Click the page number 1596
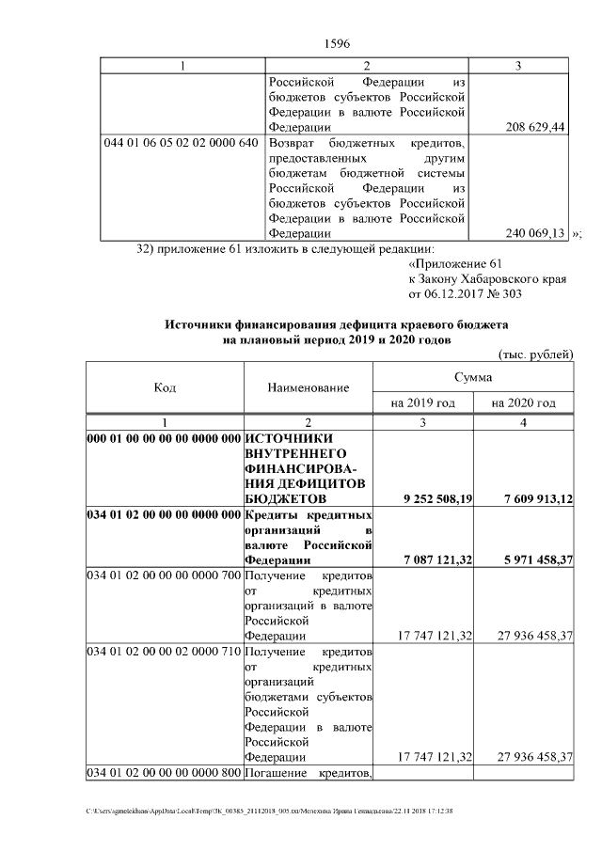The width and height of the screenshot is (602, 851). coord(337,42)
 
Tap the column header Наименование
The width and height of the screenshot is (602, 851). coord(308,387)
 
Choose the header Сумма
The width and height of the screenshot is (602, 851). coord(473,376)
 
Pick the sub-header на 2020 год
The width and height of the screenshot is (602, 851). coord(523,402)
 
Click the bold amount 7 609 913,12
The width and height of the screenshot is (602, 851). coord(530,498)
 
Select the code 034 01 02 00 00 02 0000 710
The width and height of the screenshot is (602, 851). coord(164,652)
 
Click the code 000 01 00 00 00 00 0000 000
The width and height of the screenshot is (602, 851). coord(164,437)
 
